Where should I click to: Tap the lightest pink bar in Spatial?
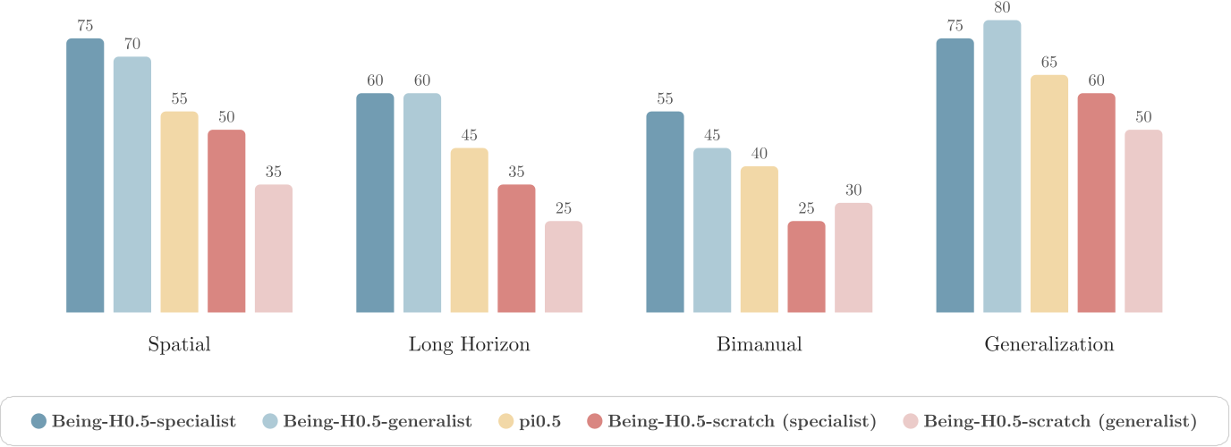click(274, 249)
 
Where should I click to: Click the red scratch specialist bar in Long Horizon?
click(516, 249)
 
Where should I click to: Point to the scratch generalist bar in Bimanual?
click(853, 258)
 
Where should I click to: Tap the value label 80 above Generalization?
click(1002, 8)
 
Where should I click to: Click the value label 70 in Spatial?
click(132, 44)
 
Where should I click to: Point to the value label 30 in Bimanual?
click(853, 190)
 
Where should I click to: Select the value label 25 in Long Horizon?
click(564, 208)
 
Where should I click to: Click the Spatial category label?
click(179, 345)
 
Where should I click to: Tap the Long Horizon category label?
click(469, 345)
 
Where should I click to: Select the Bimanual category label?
click(759, 345)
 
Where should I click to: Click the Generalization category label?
click(1049, 345)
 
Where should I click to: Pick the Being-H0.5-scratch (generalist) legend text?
click(1060, 421)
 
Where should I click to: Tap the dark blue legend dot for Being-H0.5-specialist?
click(38, 421)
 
